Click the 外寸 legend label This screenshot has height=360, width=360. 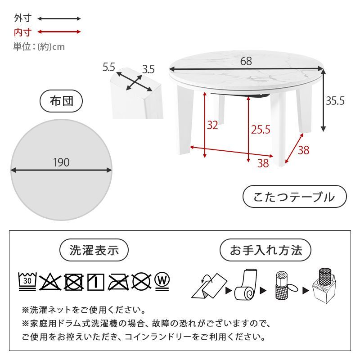point(22,19)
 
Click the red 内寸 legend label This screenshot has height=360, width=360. point(22,32)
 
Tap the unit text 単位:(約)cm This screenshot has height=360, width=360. point(39,46)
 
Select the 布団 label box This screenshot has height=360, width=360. point(61,101)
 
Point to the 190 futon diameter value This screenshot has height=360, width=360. point(61,162)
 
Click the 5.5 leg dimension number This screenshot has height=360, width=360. point(109,67)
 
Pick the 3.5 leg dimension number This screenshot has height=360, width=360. point(148,69)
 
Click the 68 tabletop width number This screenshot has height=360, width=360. point(246,62)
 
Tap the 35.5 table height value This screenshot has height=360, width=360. point(335,101)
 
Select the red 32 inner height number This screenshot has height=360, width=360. point(212,125)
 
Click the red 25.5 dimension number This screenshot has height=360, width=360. point(260,130)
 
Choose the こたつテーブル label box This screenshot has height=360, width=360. point(294,197)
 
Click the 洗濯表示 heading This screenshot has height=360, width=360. point(94,250)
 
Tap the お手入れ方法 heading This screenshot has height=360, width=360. point(265,250)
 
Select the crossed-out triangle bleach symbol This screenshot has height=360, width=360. point(50,282)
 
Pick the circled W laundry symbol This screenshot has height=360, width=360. point(163,280)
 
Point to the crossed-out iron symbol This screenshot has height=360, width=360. point(118,282)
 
